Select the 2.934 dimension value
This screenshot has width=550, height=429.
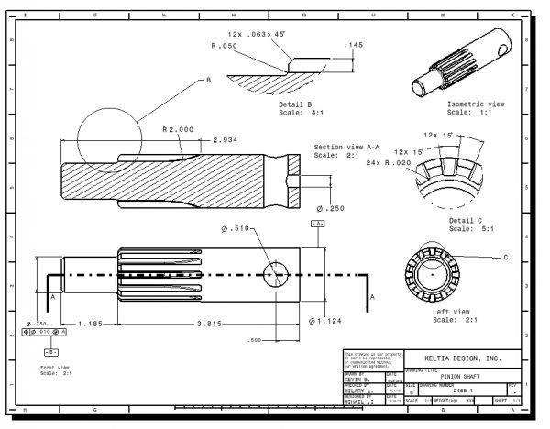[x=228, y=140]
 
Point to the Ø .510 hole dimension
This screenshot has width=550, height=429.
[x=236, y=228]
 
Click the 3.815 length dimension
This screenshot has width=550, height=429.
[x=206, y=324]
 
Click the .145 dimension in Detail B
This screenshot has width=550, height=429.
[x=353, y=44]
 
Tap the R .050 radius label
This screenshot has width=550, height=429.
[x=225, y=45]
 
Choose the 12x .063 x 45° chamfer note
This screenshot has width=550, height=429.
[x=256, y=33]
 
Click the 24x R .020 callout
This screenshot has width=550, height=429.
[x=385, y=162]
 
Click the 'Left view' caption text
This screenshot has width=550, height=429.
[x=451, y=313]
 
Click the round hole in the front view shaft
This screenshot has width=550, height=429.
[x=277, y=274]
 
